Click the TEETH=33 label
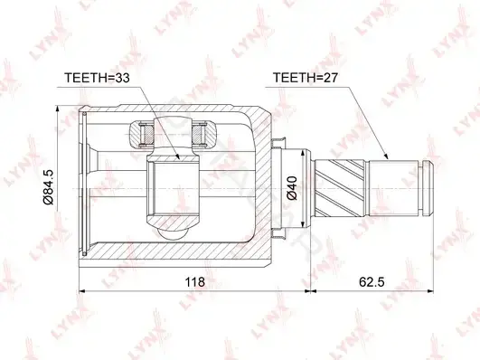97,78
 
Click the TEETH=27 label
306,78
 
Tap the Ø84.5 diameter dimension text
49,186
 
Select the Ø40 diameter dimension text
292,188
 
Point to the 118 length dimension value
195,281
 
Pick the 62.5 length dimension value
372,281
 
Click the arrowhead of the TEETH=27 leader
386,156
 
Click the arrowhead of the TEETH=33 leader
177,156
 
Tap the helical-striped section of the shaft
341,188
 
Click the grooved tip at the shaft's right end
428,188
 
